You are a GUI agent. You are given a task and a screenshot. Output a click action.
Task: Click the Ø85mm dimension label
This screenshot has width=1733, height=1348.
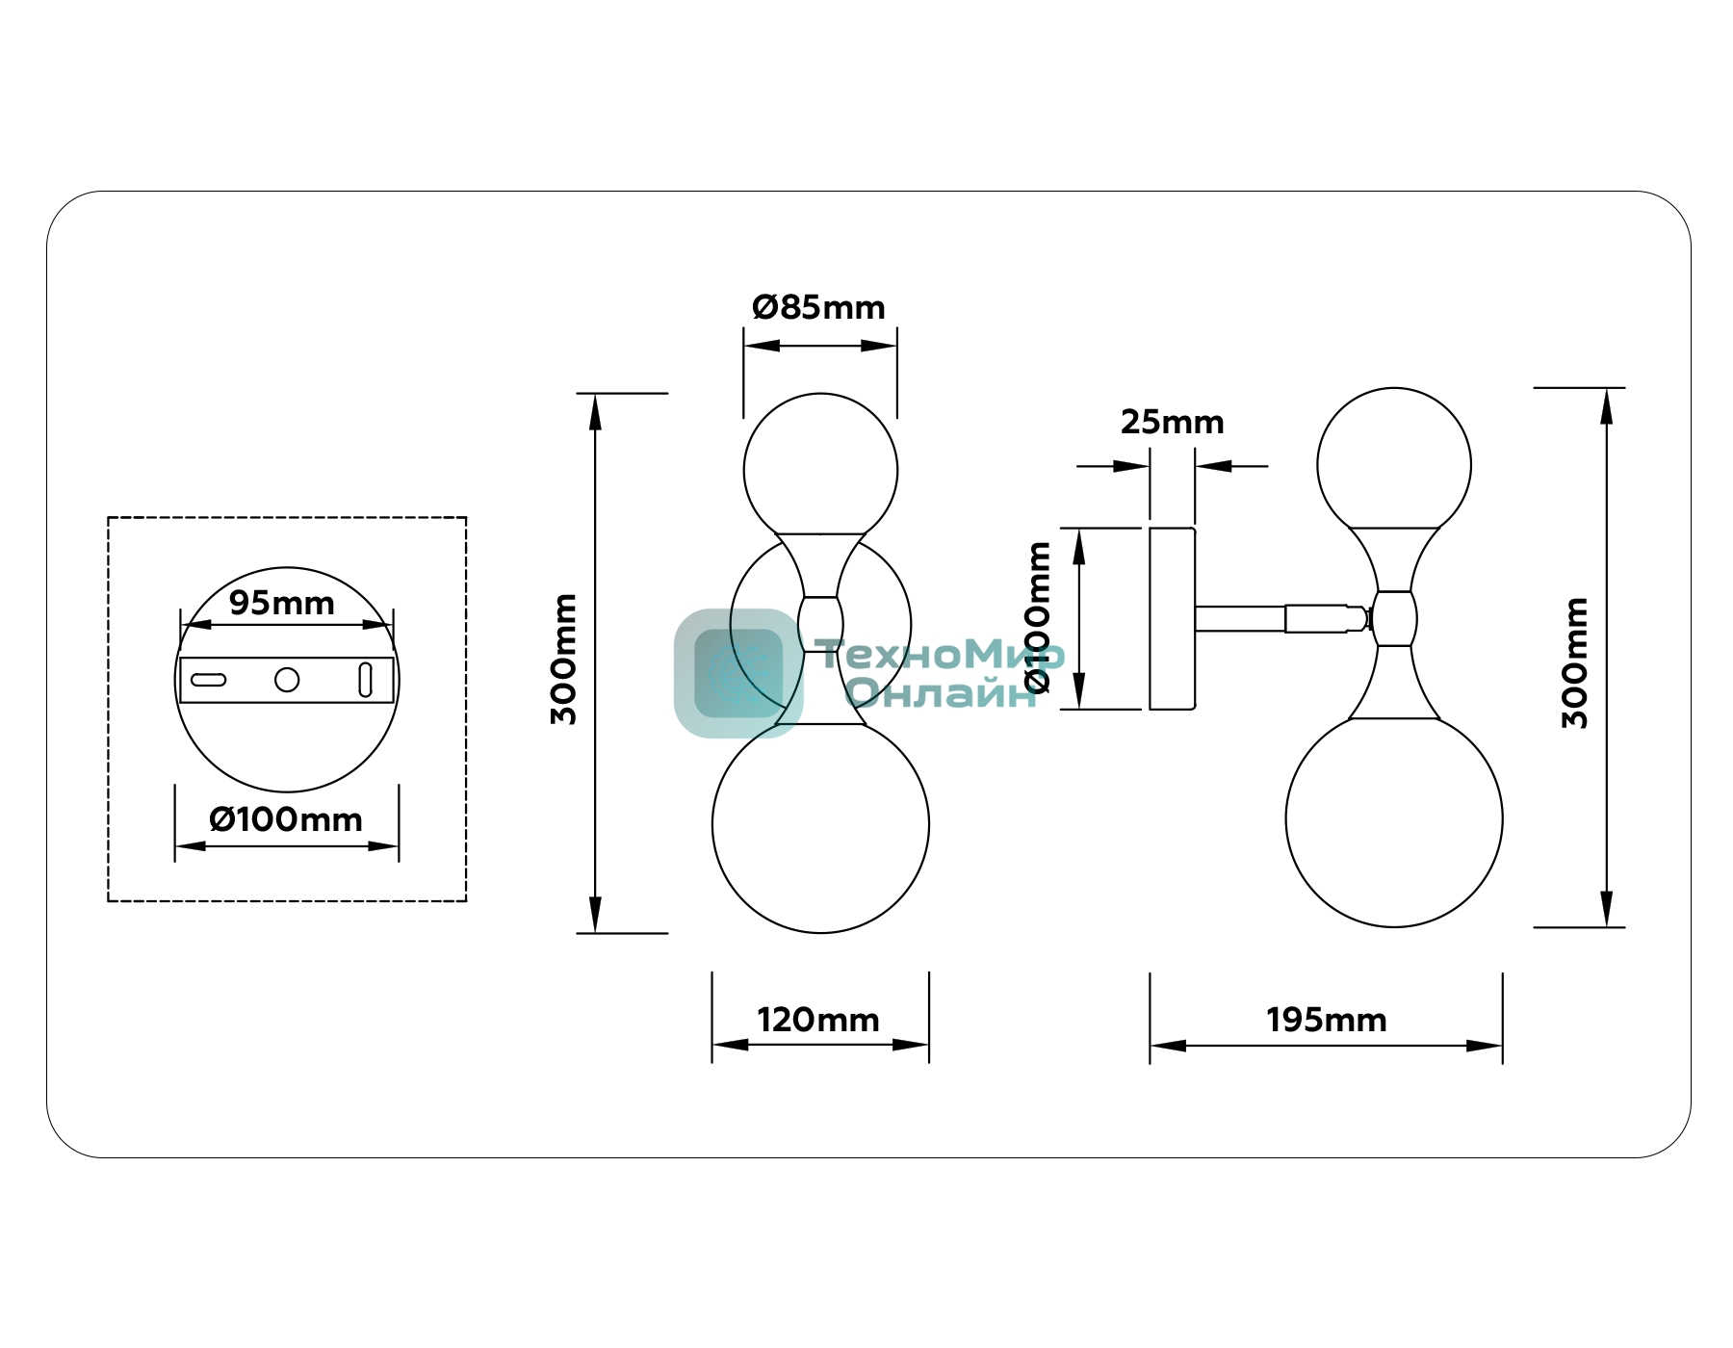click(x=818, y=308)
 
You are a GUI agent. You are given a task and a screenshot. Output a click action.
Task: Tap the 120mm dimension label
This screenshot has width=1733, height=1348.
click(x=818, y=1020)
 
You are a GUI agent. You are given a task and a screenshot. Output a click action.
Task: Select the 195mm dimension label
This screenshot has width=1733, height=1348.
click(x=1327, y=1020)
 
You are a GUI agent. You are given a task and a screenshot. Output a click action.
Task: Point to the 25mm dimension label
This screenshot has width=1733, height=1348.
click(x=1172, y=422)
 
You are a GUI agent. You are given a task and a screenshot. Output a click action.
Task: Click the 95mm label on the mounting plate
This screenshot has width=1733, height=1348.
click(x=282, y=603)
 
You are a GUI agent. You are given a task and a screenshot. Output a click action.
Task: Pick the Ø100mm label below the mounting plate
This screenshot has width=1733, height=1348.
click(x=286, y=819)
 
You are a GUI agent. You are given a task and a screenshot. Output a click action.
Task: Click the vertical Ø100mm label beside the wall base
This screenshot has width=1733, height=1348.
click(x=1039, y=617)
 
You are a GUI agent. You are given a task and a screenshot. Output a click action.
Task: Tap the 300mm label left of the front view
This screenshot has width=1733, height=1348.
click(x=564, y=660)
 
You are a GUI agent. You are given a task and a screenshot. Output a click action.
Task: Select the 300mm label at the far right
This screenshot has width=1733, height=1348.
click(x=1575, y=662)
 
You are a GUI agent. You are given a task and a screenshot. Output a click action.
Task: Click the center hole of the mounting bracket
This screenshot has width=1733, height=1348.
click(x=287, y=680)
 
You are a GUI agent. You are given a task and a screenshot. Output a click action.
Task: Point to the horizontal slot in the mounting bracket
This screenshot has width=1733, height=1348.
click(x=209, y=680)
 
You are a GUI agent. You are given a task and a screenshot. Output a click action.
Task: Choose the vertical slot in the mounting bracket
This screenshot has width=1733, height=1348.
click(x=365, y=680)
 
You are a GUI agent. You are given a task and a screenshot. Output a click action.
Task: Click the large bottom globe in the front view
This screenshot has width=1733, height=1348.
click(x=820, y=826)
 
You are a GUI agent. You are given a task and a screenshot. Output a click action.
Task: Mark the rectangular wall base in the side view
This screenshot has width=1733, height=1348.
click(x=1173, y=618)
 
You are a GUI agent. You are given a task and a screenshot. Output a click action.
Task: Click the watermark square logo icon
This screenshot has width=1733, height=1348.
click(x=738, y=673)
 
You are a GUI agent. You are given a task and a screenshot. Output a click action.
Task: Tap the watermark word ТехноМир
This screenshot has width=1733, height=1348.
click(x=941, y=655)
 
